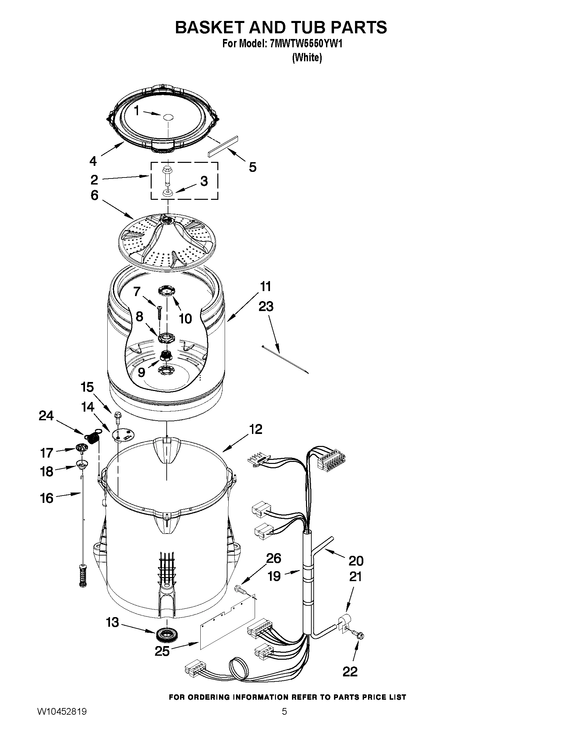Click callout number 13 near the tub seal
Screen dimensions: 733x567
point(112,622)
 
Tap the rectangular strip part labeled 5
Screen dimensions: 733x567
point(222,146)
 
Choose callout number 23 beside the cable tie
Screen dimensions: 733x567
point(266,306)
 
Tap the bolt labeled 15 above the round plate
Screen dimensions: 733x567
point(118,416)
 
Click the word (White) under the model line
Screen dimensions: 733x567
point(307,58)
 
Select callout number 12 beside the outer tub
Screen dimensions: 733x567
point(256,429)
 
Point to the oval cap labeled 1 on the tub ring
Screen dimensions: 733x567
point(168,117)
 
